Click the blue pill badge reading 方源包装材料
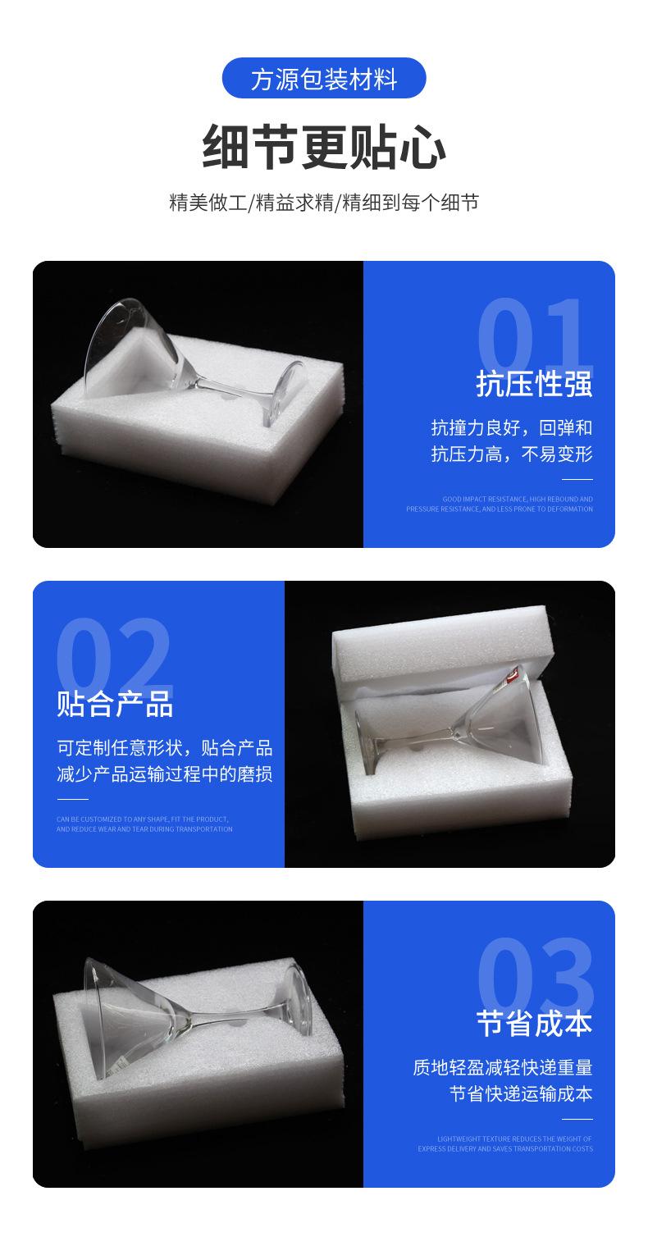[x=324, y=79]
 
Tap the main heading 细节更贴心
[x=324, y=147]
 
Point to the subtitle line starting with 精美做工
[x=324, y=203]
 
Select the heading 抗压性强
[x=534, y=384]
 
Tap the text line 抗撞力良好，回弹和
[x=511, y=428]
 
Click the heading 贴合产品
[x=115, y=704]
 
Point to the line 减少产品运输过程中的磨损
[x=164, y=774]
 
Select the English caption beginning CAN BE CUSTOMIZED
[x=144, y=824]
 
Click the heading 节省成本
[x=534, y=1024]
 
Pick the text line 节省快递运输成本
[x=520, y=1094]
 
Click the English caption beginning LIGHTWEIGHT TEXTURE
[x=504, y=1143]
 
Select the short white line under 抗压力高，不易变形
[x=577, y=479]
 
